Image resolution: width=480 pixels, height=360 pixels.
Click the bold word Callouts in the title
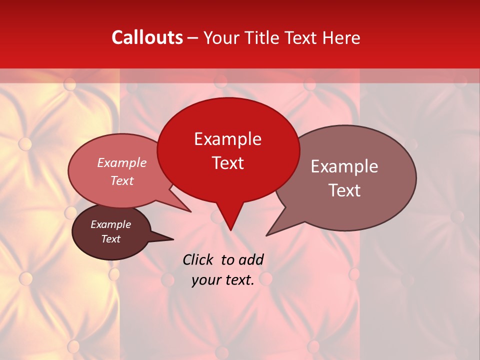[147, 37]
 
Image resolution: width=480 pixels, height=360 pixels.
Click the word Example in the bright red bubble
[227, 139]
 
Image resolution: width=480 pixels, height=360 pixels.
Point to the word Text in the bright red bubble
[227, 163]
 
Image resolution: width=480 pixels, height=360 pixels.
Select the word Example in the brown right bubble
[344, 166]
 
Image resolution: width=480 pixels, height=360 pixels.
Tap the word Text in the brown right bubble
[344, 190]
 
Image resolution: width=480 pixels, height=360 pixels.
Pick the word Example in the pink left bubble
[121, 162]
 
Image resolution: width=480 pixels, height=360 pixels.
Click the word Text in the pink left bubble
[121, 180]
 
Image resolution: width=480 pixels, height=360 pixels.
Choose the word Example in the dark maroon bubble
[110, 224]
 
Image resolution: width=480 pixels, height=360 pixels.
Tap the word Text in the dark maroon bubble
[110, 239]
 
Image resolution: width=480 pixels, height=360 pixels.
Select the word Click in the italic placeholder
[198, 259]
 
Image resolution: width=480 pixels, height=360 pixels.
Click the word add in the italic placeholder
[251, 259]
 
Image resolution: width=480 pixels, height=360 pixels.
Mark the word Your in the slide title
[219, 37]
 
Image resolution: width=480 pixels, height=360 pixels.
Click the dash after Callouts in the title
[193, 38]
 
